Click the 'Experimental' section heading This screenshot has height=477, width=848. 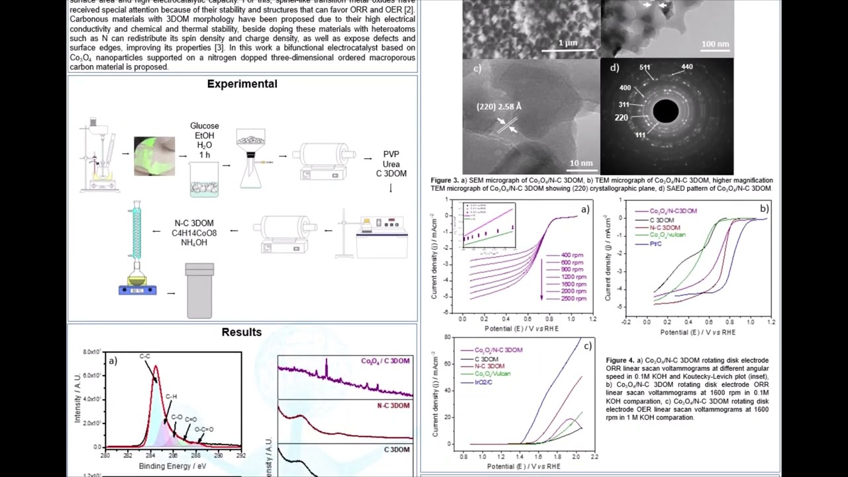click(x=242, y=84)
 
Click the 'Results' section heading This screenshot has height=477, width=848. click(x=242, y=333)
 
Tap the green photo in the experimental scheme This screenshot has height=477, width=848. click(x=154, y=156)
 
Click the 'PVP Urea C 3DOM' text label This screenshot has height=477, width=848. click(x=391, y=164)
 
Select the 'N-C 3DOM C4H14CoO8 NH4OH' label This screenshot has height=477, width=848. click(x=194, y=233)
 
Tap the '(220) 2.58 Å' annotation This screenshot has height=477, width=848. click(x=499, y=107)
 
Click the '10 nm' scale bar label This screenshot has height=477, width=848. click(x=581, y=163)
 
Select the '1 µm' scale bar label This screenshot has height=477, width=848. click(x=567, y=43)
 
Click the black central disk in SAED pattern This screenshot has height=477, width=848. click(x=666, y=111)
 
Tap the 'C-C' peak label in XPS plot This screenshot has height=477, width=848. click(x=144, y=356)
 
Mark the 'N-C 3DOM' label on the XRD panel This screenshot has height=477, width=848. click(x=393, y=405)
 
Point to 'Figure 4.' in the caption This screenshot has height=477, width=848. click(x=621, y=360)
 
